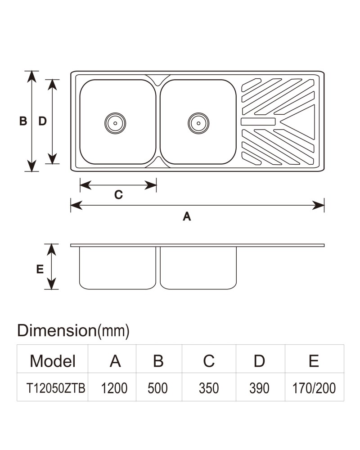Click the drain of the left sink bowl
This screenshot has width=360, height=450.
tap(115, 123)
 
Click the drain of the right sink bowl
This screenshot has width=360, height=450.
tap(198, 123)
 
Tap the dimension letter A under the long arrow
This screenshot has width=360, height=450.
tap(187, 216)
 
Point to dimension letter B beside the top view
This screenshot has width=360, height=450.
tap(23, 121)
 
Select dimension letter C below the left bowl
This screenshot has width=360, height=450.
tap(118, 194)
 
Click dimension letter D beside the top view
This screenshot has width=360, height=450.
tap(42, 121)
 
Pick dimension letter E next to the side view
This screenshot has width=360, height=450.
tap(40, 269)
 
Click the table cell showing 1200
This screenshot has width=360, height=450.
tap(114, 388)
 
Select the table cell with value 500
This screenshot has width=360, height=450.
tap(157, 388)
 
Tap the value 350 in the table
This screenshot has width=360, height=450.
tap(209, 388)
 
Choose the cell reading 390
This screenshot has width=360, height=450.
tap(259, 388)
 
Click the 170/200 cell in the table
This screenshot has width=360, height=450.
tap(314, 388)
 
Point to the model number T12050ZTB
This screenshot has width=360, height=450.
tap(56, 388)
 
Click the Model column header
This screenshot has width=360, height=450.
tap(53, 361)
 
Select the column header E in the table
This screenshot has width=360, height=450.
tap(314, 361)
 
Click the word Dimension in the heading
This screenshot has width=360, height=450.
tap(57, 330)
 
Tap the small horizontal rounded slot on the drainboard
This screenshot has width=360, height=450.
tap(258, 121)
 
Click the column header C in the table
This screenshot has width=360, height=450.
tap(209, 361)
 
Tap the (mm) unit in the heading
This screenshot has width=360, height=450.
tap(113, 331)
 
